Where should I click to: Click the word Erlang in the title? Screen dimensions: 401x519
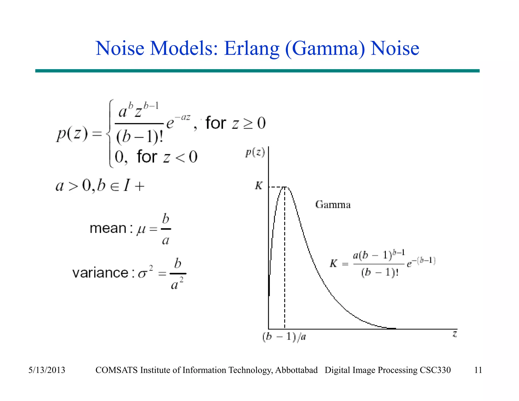(251, 49)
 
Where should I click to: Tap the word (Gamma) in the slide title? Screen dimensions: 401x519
(325, 49)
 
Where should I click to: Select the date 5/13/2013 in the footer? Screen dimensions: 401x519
(47, 370)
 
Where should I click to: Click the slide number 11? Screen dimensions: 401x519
(478, 370)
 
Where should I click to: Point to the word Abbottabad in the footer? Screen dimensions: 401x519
(296, 370)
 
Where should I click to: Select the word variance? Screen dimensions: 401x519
(100, 273)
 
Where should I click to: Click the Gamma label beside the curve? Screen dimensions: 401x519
(333, 205)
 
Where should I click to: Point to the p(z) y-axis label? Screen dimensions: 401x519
(255, 153)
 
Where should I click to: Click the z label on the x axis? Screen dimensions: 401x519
(455, 334)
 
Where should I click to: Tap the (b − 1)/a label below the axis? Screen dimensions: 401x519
(284, 337)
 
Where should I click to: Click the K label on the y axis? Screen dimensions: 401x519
(259, 186)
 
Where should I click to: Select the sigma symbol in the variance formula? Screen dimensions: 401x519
(143, 274)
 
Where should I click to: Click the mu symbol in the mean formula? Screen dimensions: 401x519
(141, 229)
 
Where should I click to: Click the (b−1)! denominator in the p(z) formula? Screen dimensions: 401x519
(139, 137)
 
